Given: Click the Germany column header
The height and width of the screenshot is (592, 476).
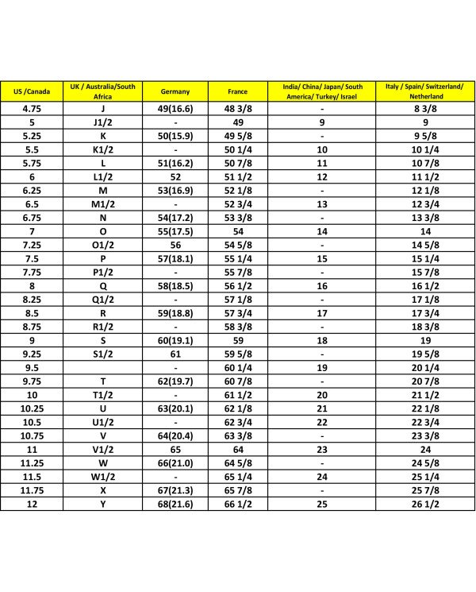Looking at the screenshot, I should [x=175, y=91].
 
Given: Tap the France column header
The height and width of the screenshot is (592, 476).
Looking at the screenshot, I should [x=237, y=91].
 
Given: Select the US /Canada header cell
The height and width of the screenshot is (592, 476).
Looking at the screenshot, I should [x=32, y=91].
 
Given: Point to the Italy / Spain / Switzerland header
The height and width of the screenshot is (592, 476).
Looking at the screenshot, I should [x=425, y=91].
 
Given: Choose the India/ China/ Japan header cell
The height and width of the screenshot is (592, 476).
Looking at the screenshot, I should [x=322, y=91].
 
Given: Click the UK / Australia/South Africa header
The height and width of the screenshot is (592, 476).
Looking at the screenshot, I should [x=103, y=91].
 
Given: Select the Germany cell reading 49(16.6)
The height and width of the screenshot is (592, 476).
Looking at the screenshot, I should [x=175, y=109].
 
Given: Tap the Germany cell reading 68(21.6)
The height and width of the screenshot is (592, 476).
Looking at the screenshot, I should [x=175, y=504].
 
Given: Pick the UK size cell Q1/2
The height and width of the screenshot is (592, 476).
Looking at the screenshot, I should [x=103, y=299].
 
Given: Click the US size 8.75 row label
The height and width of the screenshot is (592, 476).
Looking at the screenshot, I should [x=32, y=327].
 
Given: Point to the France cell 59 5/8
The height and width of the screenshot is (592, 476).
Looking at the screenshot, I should [x=237, y=354].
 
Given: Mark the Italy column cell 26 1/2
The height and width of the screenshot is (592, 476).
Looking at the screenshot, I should [x=425, y=504].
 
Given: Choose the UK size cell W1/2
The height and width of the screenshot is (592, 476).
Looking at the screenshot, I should [x=103, y=476].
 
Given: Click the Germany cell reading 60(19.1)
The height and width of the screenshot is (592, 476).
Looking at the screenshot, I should [x=175, y=340].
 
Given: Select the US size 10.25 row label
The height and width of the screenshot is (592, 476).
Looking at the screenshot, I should [x=32, y=408].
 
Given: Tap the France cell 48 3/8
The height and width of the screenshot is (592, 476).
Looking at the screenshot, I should [x=237, y=109].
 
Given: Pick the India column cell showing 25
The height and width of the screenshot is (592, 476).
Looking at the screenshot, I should [x=322, y=504].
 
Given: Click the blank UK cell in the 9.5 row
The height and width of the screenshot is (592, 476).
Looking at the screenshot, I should [x=103, y=367].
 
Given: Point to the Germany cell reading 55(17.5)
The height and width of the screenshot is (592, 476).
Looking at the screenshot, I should [x=175, y=231].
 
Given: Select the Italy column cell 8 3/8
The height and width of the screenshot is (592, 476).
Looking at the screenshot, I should [x=425, y=109].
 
